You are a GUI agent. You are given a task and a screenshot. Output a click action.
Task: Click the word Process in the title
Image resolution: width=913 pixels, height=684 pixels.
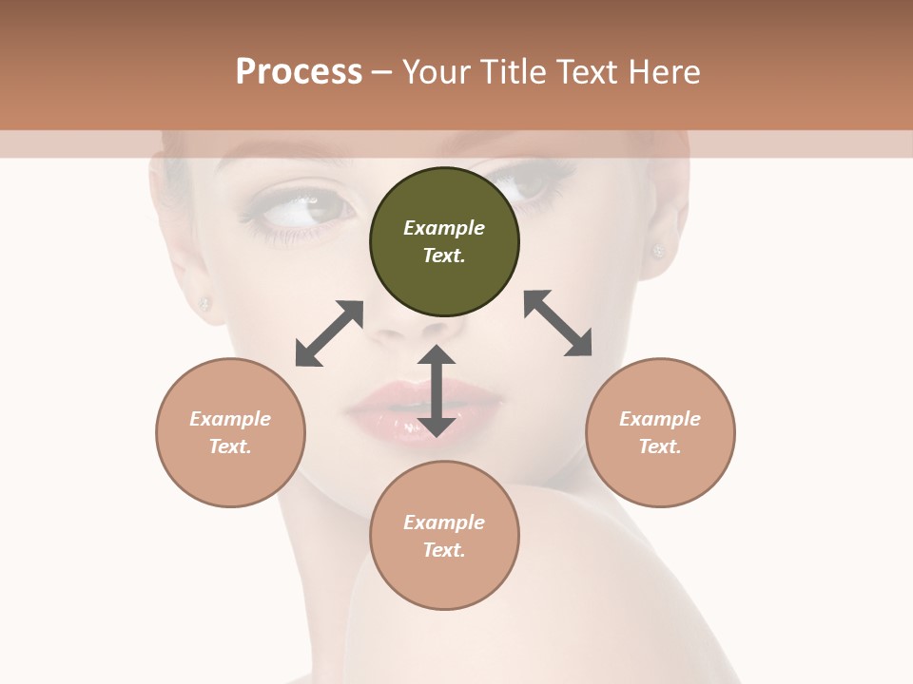(x=299, y=72)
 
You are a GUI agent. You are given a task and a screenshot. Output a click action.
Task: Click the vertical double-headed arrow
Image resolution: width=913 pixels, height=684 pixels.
(x=437, y=390)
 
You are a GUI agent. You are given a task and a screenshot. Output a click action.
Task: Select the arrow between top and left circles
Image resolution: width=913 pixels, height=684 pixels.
(x=329, y=333)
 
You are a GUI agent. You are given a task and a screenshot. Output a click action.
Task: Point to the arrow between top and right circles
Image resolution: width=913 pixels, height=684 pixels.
(x=558, y=323)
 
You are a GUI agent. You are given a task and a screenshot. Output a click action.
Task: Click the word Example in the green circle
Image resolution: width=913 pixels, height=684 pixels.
(x=444, y=228)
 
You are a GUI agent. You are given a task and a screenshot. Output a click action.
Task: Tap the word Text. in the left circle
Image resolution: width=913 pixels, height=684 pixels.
(x=230, y=446)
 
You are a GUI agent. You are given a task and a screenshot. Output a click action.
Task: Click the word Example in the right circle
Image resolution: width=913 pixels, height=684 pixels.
(x=660, y=419)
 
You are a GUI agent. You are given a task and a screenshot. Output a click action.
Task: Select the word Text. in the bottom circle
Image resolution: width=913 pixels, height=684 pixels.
(x=444, y=550)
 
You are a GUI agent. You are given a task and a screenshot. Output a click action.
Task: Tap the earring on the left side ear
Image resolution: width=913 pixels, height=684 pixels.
(x=204, y=304)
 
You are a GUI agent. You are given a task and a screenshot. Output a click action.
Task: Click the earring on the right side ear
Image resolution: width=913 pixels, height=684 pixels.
(x=657, y=252)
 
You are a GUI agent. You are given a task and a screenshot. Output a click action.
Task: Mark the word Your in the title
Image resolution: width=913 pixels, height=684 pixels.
(x=436, y=72)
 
